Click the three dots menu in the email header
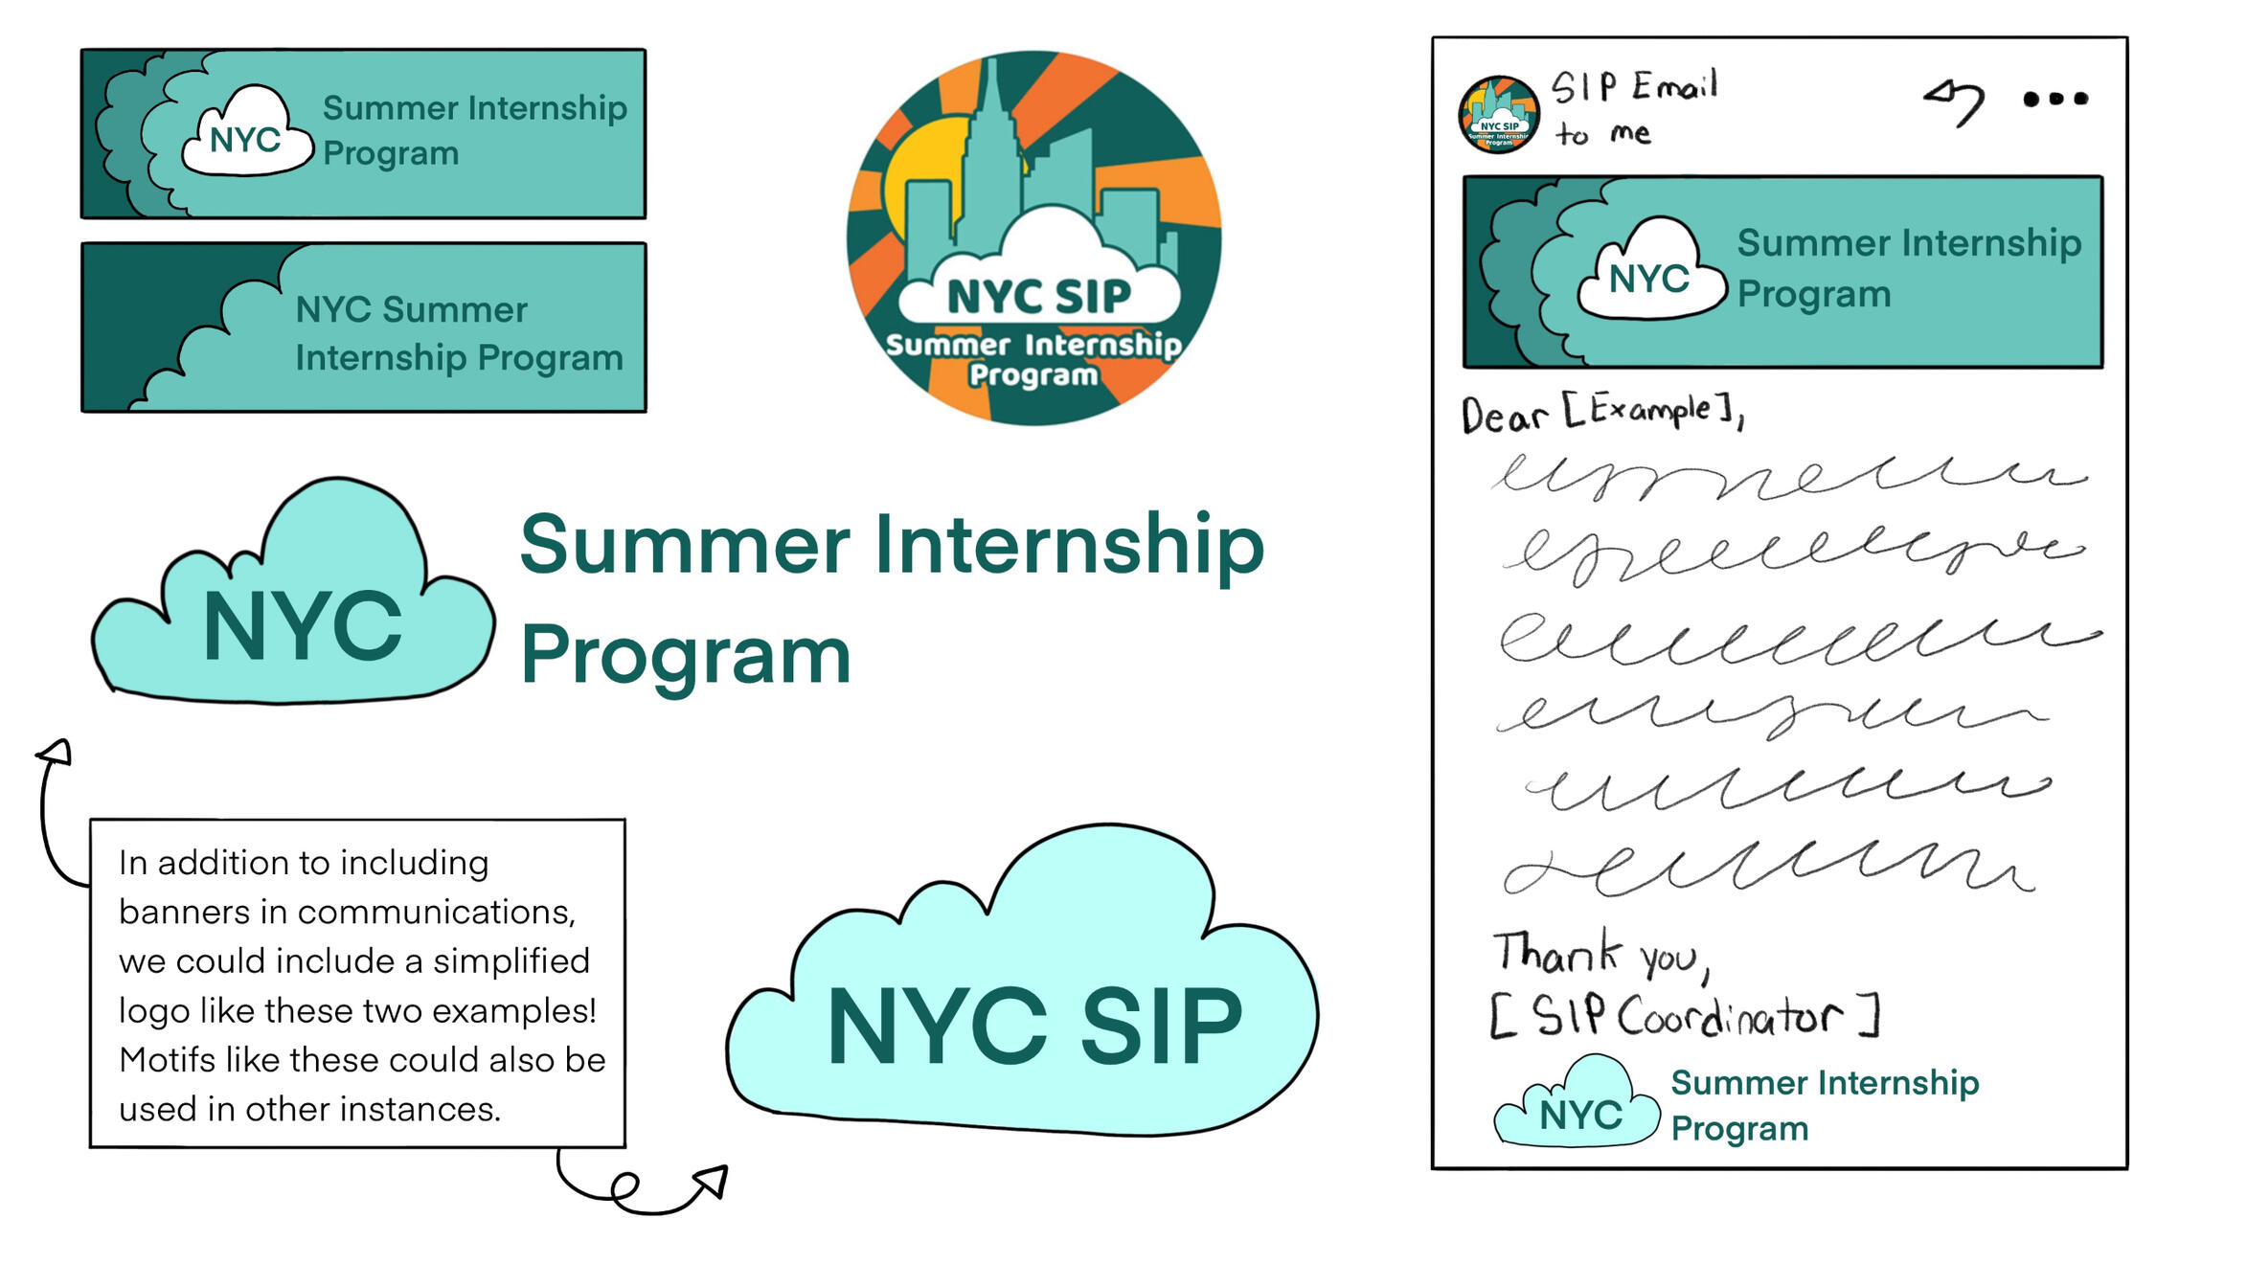tap(2054, 99)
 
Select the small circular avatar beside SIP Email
tap(1499, 114)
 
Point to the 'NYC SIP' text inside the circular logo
tap(1039, 297)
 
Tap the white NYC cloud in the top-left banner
tap(247, 136)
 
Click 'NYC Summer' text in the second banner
tap(411, 310)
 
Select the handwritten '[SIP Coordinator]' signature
tap(1686, 1015)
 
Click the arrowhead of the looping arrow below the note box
tap(713, 1182)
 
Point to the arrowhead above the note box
tap(56, 753)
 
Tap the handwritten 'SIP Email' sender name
tap(1634, 87)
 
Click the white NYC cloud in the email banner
tap(1649, 274)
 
